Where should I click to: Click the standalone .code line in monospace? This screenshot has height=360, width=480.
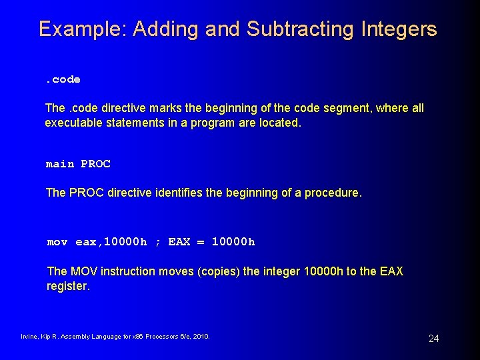coord(63,79)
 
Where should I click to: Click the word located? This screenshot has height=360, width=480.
coord(279,123)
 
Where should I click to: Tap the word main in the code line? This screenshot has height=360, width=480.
coord(59,164)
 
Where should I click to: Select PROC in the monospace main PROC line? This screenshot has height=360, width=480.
coord(95,164)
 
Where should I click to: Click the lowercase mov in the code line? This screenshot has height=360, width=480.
coord(57,242)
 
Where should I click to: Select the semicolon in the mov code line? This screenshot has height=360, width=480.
coord(158,242)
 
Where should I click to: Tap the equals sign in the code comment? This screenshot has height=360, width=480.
coord(201,242)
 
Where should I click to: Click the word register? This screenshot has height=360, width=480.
coord(67,286)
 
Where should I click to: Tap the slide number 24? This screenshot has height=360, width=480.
coord(433,339)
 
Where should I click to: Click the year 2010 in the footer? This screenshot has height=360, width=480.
coord(201,337)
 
